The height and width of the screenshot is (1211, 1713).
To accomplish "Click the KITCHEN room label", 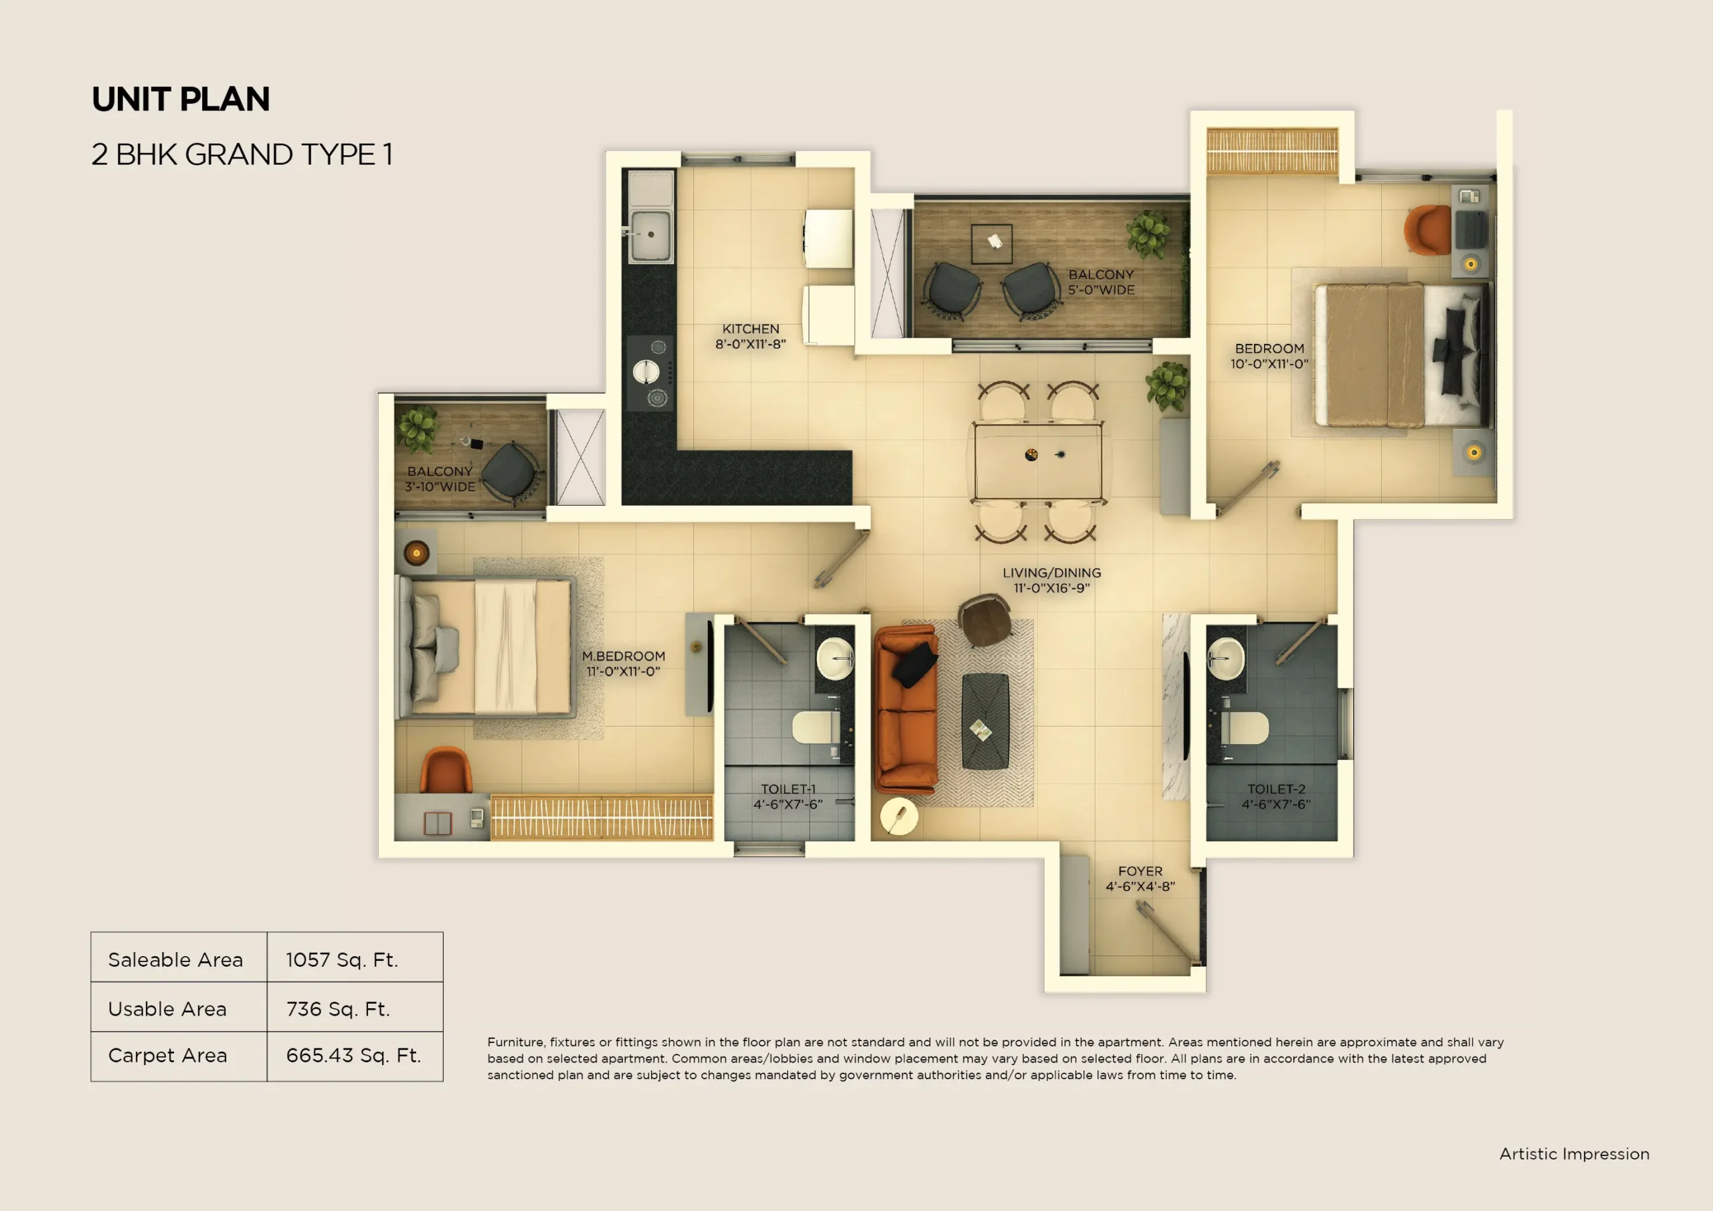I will click(751, 329).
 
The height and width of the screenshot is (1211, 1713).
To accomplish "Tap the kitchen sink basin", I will click(650, 235).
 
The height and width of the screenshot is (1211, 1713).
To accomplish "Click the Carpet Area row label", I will click(168, 1055).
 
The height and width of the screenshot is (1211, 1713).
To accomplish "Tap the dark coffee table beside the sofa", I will click(985, 721).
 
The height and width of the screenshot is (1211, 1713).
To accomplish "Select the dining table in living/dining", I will click(1037, 461).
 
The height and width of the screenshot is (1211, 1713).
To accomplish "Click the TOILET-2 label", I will click(1276, 789).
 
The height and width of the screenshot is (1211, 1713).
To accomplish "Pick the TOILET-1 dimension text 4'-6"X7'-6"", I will click(788, 804).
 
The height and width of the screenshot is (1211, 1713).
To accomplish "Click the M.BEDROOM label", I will click(624, 656).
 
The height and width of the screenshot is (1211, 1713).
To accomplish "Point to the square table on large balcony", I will click(992, 244).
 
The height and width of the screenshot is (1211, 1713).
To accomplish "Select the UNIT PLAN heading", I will click(181, 99).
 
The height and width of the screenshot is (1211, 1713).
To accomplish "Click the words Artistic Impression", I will click(1574, 1153).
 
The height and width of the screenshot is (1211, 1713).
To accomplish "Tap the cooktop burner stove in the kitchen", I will click(648, 372).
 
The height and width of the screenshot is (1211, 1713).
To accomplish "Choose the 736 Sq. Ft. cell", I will click(338, 1009).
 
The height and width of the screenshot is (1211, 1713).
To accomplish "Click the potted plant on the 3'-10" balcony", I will click(417, 429).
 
